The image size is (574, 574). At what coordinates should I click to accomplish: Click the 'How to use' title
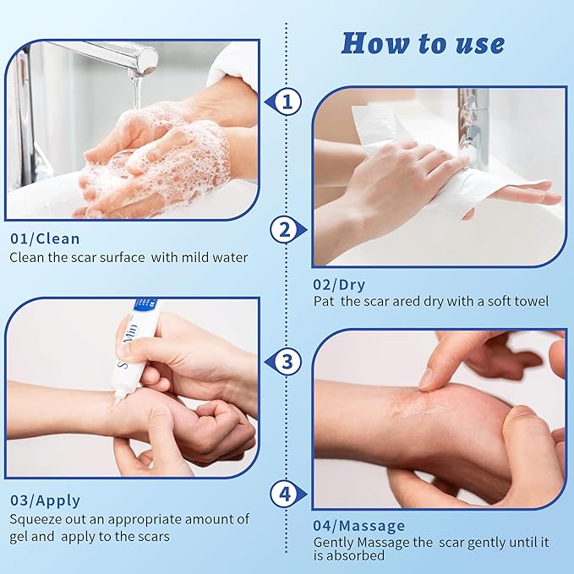tap(423, 42)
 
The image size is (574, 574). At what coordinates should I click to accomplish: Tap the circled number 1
tap(288, 103)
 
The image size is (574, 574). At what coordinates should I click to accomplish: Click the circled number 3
tap(288, 363)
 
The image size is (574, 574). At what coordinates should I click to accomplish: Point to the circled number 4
tap(284, 493)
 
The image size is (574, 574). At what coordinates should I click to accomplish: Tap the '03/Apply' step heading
tap(45, 500)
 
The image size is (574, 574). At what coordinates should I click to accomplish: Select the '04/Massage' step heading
tap(359, 526)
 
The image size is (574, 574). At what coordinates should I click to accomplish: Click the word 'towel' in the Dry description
tap(531, 301)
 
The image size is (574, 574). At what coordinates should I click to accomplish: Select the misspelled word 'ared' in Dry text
tap(418, 301)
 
